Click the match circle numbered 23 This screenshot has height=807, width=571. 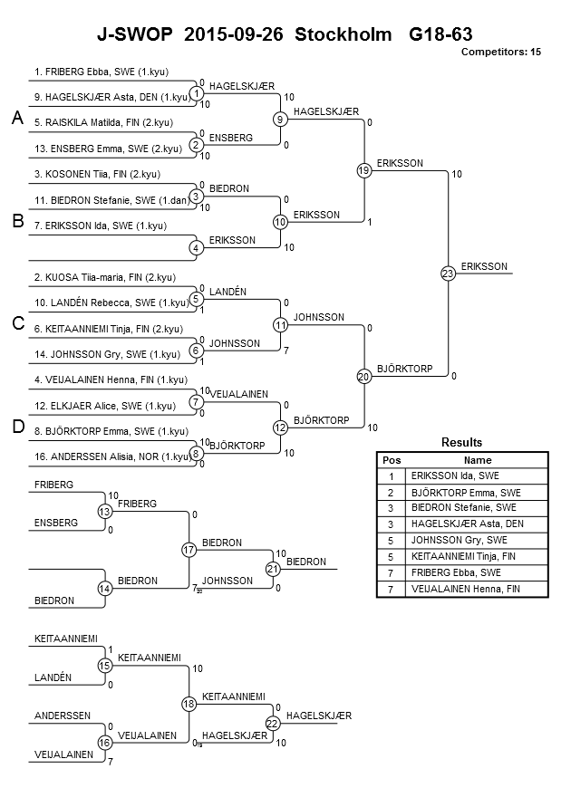point(448,274)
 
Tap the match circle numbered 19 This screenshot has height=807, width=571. point(364,170)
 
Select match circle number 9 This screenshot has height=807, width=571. point(280,120)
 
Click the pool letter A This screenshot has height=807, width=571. point(17,118)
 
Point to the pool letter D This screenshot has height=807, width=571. point(18,427)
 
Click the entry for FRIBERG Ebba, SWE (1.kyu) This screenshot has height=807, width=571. point(102,72)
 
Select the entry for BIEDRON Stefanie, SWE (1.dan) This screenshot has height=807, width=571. point(112,200)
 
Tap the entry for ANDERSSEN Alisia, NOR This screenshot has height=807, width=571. point(112,456)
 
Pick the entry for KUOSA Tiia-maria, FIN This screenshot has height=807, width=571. point(105,277)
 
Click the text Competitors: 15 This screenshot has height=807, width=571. point(501,52)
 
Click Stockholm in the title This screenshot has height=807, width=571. point(343,34)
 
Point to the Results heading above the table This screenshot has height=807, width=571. point(462,442)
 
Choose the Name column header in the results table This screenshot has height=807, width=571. point(478,460)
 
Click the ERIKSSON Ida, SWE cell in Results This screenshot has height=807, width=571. point(455,476)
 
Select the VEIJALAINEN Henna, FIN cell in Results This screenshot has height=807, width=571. point(466,589)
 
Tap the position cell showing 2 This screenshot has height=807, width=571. point(391,493)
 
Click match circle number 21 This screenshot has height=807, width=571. point(273,569)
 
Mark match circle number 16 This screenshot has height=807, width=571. point(104,743)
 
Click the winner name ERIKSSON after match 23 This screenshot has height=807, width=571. point(484,266)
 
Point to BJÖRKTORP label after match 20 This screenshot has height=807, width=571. point(405,369)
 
